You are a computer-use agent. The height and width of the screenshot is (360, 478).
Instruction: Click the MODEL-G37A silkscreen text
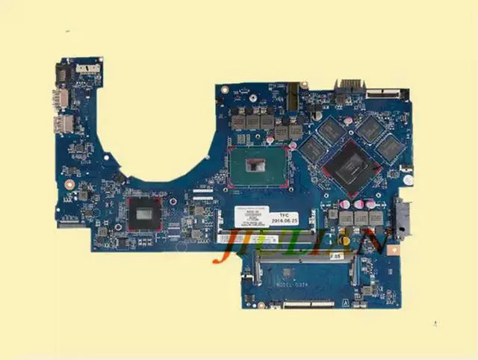tap(276, 285)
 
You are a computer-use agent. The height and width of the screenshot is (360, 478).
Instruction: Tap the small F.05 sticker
tap(337, 255)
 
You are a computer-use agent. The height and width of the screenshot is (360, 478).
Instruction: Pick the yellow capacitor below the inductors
tap(347, 240)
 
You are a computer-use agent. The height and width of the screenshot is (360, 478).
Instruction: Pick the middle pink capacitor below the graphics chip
tap(358, 203)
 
